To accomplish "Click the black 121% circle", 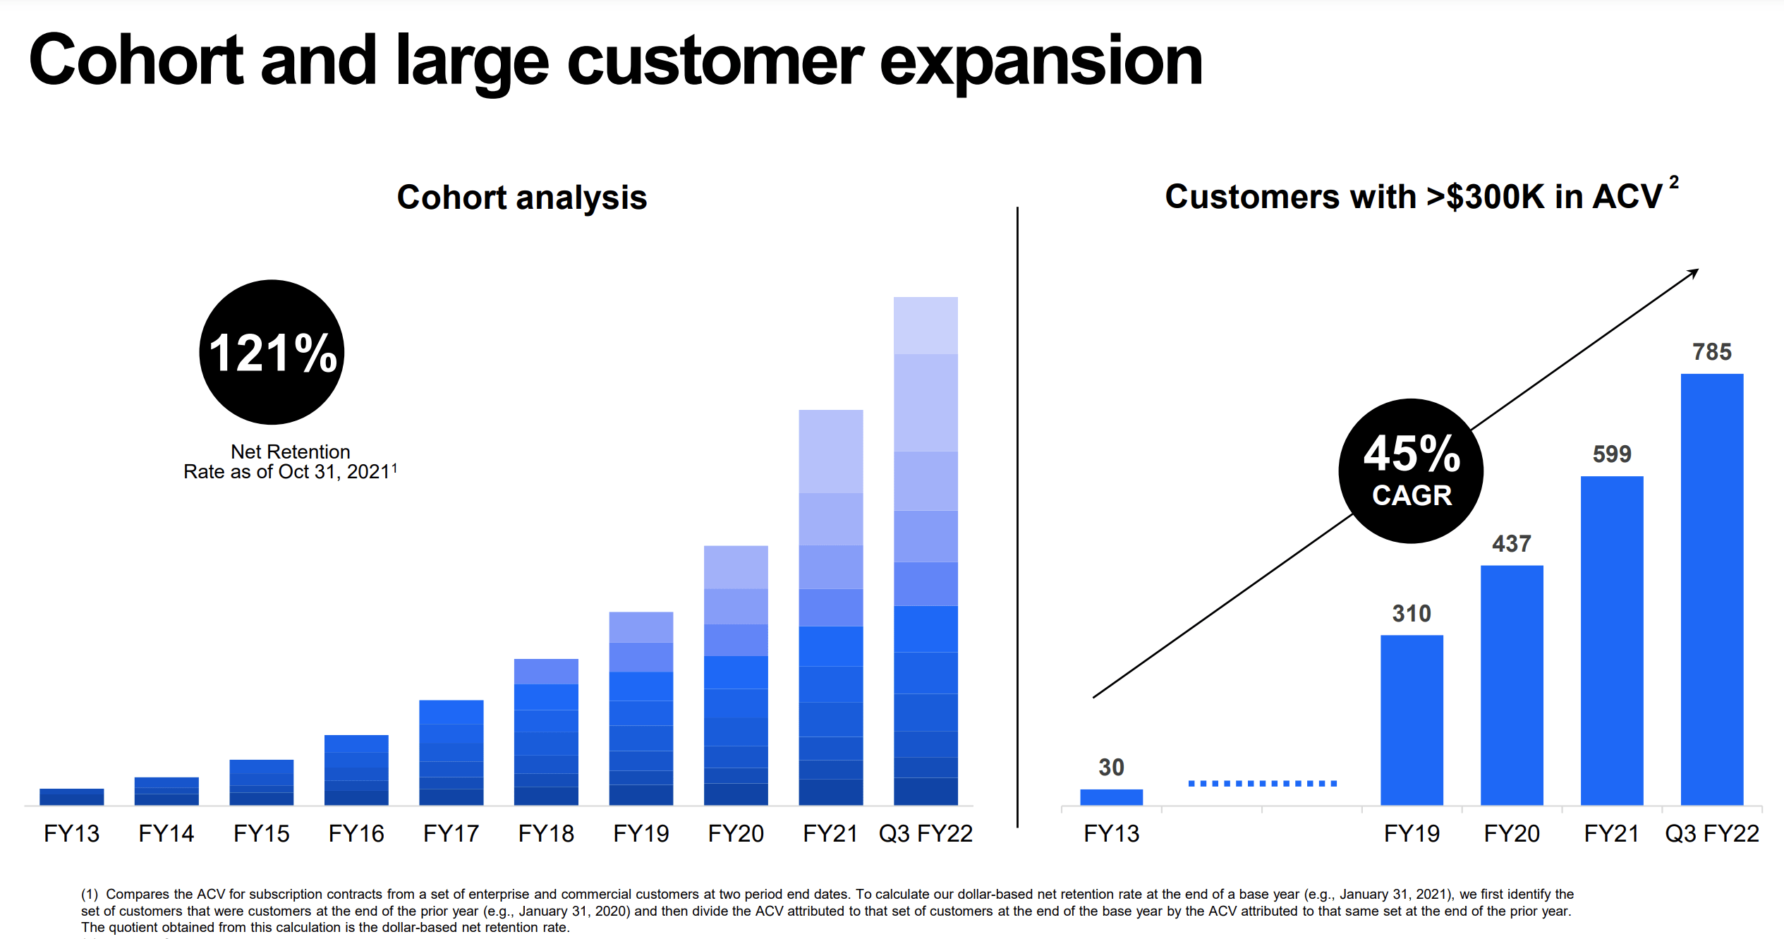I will (272, 352).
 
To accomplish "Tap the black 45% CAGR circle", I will (1411, 471).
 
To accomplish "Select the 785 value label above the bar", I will (1711, 351).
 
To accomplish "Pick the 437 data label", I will (1511, 543).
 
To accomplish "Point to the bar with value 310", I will (1411, 720).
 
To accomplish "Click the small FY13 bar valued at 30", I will (1111, 796).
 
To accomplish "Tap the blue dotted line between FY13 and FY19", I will (1262, 783).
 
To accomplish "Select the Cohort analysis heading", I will (521, 197).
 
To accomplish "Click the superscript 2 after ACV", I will (1674, 182).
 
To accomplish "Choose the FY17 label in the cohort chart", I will (451, 833).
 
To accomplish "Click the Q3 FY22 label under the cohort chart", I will (925, 833).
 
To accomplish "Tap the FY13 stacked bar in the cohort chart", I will (71, 796).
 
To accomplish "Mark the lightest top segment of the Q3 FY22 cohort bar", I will (925, 325).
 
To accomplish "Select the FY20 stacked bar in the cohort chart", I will (735, 675).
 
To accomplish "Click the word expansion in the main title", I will (1040, 62).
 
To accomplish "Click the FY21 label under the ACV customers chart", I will (1611, 833).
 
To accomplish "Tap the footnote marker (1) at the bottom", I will (90, 894).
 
